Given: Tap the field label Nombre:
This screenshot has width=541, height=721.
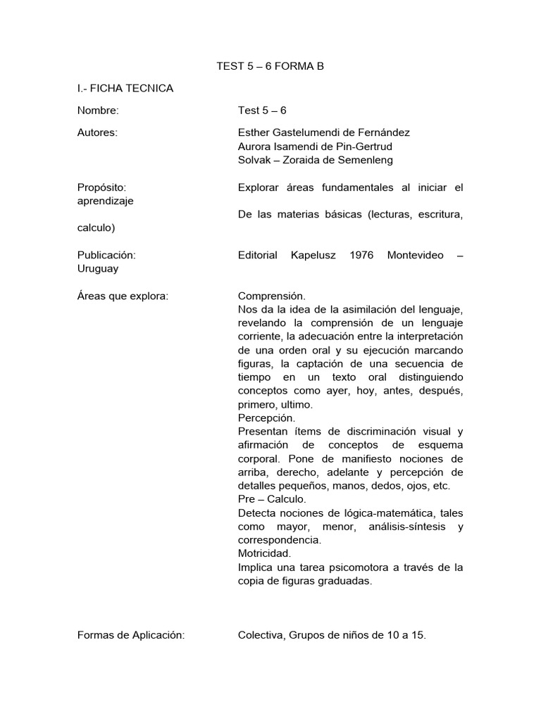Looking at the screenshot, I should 98,111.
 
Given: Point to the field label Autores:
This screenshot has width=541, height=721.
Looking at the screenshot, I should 97,132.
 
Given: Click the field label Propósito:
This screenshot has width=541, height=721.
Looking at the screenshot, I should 101,187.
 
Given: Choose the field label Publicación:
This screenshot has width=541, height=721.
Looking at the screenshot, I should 106,255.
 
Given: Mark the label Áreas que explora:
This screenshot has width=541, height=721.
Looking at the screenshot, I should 123,296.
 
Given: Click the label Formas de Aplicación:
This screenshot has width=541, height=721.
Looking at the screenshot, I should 131,635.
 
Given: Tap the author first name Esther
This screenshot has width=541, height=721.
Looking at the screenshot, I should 254,132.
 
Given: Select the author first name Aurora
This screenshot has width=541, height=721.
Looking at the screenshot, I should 255,146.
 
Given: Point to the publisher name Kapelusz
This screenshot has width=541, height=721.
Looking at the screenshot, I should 313,255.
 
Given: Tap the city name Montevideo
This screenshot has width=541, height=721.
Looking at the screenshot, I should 416,255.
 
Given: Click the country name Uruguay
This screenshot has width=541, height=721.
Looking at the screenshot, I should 98,268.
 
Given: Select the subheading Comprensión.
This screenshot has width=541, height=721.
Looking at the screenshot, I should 272,296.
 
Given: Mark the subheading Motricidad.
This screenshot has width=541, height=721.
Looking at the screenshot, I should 264,553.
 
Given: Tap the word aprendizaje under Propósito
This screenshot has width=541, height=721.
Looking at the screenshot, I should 105,201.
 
